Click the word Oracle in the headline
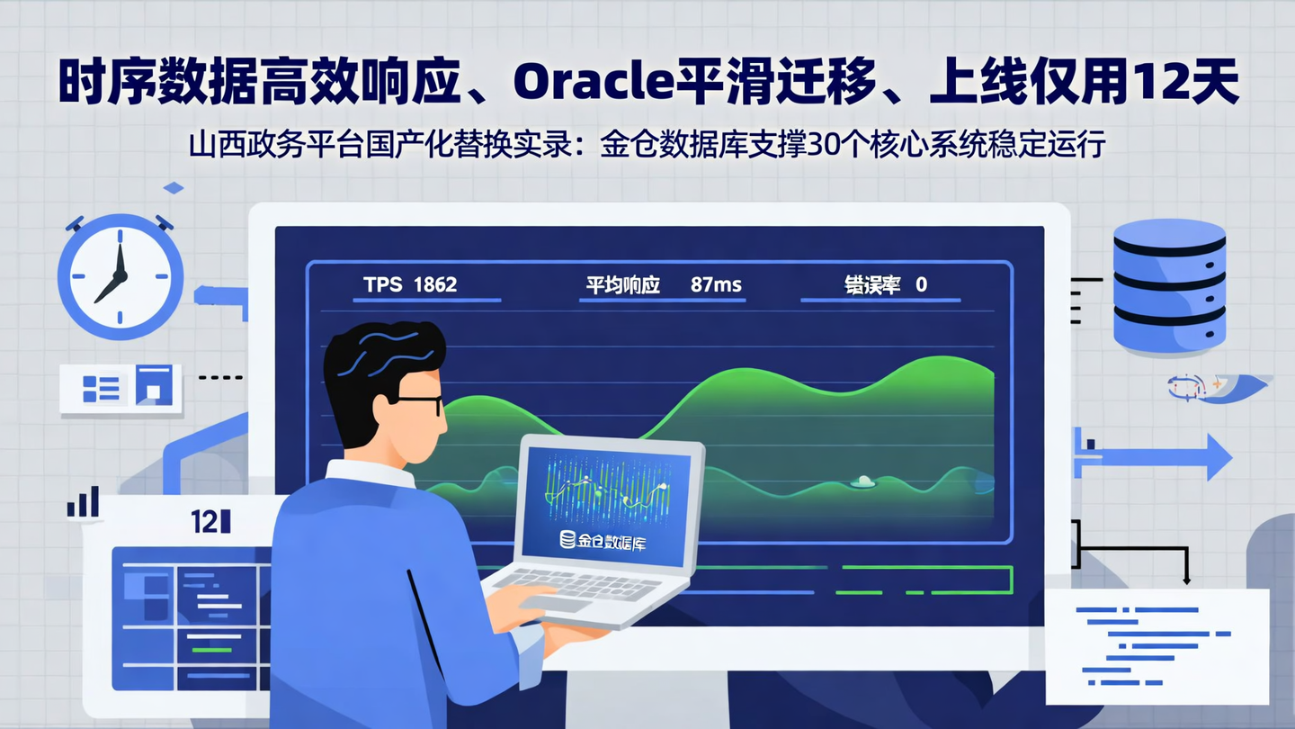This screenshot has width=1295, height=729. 591,84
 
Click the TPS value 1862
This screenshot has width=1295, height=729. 435,285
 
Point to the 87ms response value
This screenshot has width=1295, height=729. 716,285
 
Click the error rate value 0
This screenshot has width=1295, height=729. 921,285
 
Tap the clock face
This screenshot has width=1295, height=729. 121,275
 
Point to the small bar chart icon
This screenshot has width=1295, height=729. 84,502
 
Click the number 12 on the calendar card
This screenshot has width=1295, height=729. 204,521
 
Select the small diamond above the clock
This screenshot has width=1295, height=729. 173,187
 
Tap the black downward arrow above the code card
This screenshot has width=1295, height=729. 1186,577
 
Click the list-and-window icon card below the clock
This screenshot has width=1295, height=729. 121,388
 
